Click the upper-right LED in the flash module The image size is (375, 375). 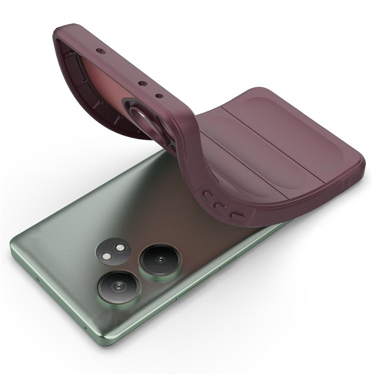pyautogui.click(x=120, y=248)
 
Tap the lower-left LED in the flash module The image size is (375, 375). pyautogui.click(x=109, y=254)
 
